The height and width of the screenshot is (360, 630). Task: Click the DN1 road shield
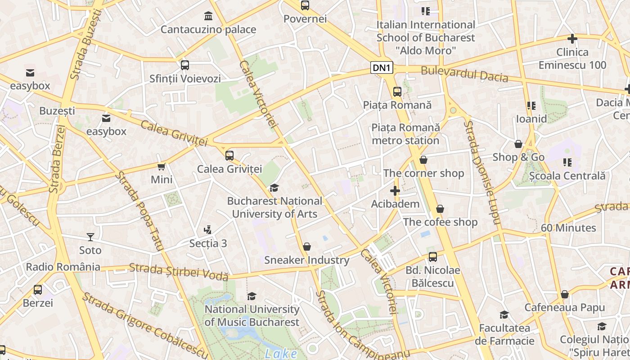382,68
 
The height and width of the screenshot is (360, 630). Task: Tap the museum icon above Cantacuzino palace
208,17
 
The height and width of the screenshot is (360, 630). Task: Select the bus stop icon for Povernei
305,6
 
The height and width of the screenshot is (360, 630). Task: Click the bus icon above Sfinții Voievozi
185,65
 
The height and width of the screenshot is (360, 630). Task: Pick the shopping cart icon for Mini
162,167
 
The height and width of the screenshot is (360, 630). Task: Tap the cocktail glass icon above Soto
90,237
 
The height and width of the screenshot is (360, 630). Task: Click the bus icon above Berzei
38,290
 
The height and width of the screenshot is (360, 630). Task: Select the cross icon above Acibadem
395,191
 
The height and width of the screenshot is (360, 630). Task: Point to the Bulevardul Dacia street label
464,74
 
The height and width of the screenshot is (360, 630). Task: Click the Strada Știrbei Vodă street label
179,272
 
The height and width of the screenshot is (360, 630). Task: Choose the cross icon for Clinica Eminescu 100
572,39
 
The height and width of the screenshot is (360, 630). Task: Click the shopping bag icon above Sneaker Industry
307,247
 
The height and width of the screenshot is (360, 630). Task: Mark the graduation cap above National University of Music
252,296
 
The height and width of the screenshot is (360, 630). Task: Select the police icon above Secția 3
207,230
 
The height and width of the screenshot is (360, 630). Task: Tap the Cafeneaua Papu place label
564,308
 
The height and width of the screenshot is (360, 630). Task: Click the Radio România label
63,267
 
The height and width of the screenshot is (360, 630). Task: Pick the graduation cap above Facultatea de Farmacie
504,315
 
